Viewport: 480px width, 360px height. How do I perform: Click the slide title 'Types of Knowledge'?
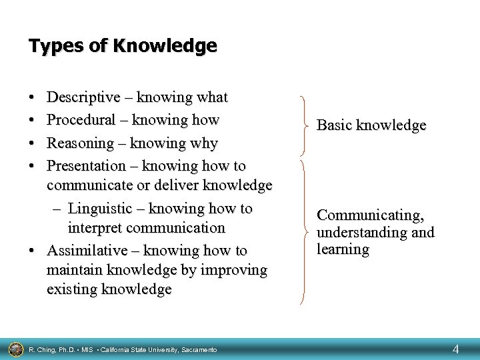point(123,46)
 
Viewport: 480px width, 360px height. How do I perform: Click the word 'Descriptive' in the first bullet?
point(83,98)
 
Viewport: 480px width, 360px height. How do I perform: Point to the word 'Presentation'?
point(87,165)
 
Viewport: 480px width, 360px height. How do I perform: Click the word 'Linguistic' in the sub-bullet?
point(101,209)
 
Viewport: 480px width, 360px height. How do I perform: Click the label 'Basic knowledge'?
point(371,125)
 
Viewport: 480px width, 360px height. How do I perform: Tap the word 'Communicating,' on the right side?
point(369,215)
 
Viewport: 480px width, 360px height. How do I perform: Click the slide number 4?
point(456,348)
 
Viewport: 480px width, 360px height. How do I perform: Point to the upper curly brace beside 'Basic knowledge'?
point(305,125)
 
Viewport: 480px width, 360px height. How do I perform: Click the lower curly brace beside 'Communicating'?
point(305,231)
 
